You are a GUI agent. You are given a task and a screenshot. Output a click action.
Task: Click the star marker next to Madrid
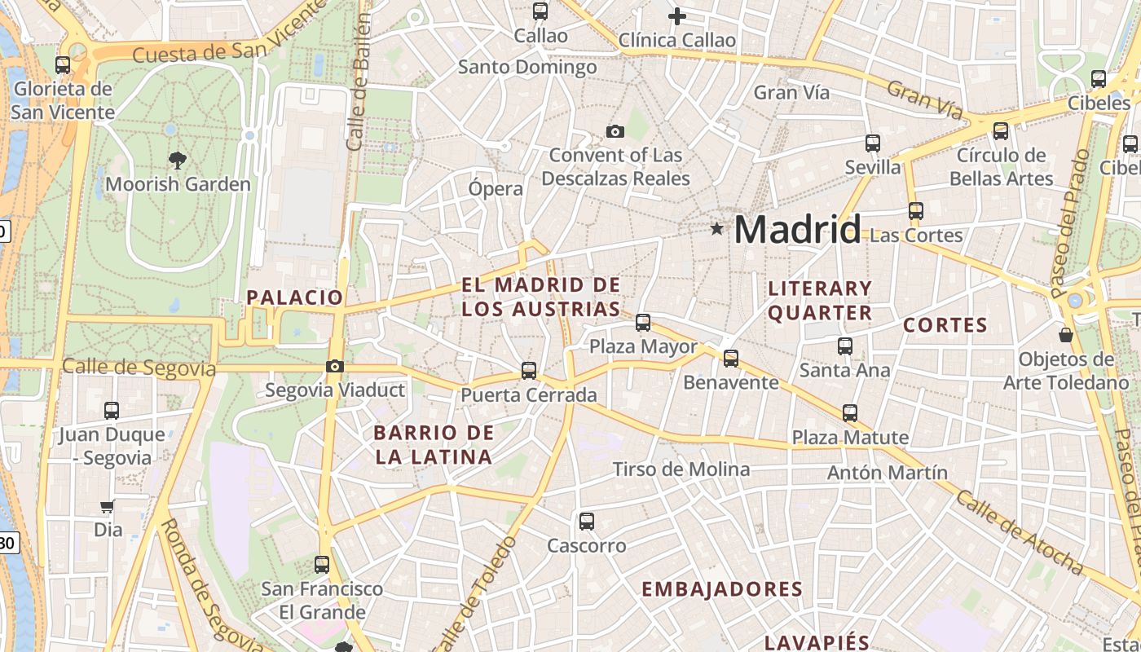(x=716, y=229)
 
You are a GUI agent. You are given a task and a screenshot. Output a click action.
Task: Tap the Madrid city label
(x=797, y=230)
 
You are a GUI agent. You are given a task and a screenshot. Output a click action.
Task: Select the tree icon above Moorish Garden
(x=177, y=160)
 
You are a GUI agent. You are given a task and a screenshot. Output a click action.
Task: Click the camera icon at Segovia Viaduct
(x=335, y=367)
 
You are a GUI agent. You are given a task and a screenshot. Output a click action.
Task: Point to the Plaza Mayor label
(x=643, y=346)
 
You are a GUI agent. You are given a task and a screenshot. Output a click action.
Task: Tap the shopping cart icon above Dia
(x=107, y=507)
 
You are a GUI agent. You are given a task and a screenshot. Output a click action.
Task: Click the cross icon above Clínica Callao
(x=676, y=15)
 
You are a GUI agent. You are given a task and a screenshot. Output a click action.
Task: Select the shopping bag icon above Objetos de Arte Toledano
(x=1065, y=335)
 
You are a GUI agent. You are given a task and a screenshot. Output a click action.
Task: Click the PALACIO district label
(x=295, y=297)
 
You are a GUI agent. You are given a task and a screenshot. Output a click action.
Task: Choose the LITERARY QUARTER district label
(x=820, y=301)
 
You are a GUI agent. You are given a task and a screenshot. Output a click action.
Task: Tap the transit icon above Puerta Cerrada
(x=529, y=371)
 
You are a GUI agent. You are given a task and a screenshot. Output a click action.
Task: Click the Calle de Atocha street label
(x=1019, y=532)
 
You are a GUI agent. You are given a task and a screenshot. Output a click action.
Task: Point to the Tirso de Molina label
(x=681, y=469)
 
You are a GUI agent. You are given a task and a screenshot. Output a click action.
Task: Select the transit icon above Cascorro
(x=586, y=522)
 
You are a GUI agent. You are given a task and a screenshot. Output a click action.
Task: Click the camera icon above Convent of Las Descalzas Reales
(x=615, y=131)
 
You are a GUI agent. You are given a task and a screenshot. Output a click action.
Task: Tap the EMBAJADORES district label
(x=722, y=589)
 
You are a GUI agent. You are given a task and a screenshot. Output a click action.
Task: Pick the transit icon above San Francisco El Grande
(x=322, y=564)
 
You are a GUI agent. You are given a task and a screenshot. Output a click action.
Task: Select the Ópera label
(x=496, y=188)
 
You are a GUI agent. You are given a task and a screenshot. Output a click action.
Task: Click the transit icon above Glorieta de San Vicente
(x=63, y=65)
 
